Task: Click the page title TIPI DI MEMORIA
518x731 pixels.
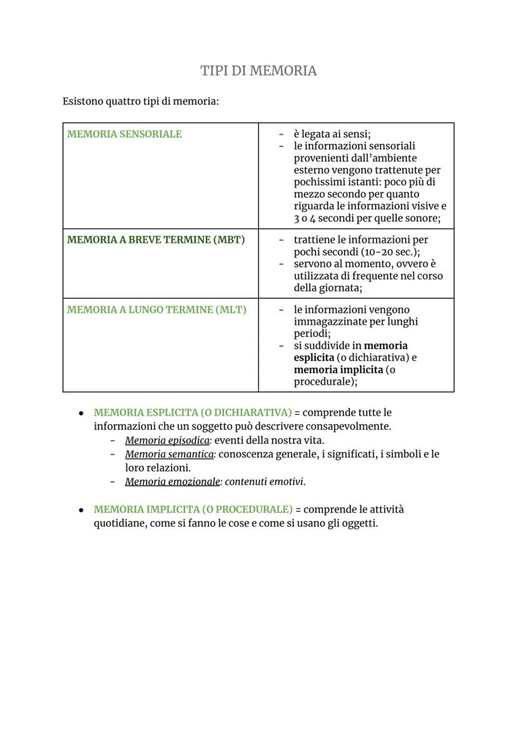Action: click(258, 71)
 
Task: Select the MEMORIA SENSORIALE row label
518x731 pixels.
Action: click(124, 134)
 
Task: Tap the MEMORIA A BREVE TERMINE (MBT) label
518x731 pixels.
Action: click(156, 239)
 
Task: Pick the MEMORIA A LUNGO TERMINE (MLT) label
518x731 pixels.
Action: click(156, 310)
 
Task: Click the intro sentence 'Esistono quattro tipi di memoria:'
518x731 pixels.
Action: click(141, 101)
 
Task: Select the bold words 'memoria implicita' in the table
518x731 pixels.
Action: click(338, 369)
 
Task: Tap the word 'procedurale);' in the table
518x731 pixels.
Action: click(325, 381)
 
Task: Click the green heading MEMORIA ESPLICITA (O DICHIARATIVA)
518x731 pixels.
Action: click(193, 413)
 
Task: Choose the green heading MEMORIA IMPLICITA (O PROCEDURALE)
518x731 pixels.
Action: click(193, 509)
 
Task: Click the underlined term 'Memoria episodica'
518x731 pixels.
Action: click(167, 440)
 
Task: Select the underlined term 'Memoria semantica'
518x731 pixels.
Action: click(169, 454)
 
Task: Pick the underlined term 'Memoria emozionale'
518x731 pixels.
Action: click(172, 481)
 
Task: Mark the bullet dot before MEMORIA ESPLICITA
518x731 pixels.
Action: click(81, 413)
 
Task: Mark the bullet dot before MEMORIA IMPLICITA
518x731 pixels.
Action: click(81, 510)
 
